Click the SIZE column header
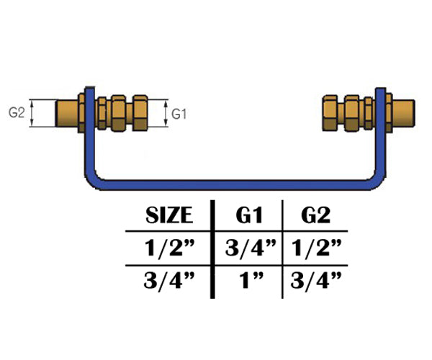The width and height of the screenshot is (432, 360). pos(169,215)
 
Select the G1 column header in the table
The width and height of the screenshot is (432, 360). pos(248,215)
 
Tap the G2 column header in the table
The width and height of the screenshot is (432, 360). pos(315,215)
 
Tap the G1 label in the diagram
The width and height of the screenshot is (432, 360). pos(181,113)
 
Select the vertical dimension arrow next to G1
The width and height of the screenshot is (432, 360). pos(167,113)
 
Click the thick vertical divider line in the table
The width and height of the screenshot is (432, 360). pos(212,248)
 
